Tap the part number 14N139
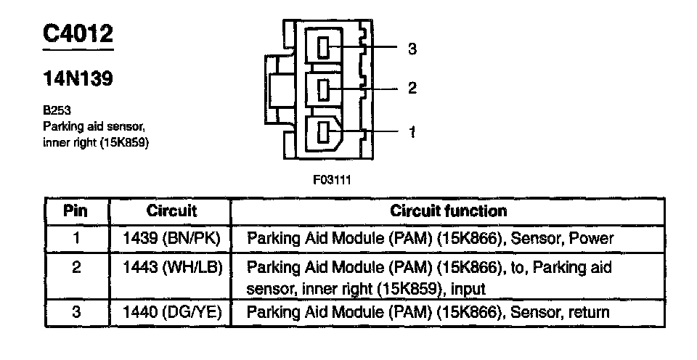(78, 78)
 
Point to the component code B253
(56, 112)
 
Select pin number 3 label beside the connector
(412, 49)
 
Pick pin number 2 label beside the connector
(412, 89)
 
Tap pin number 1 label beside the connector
(412, 132)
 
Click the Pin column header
(76, 211)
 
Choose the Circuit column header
(171, 211)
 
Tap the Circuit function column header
(448, 211)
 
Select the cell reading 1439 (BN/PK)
(171, 238)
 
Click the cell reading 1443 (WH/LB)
(171, 268)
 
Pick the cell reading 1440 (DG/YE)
(171, 313)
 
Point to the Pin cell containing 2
(76, 268)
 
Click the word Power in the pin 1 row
(591, 238)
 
